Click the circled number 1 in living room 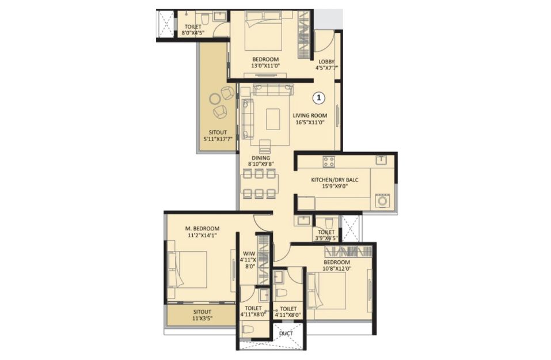click(319, 98)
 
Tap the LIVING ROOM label click(310, 115)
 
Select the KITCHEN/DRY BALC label click(335, 180)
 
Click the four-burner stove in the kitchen click(329, 162)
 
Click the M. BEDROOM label click(202, 229)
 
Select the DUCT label click(286, 334)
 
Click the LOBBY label click(326, 62)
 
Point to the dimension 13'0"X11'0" click(265, 66)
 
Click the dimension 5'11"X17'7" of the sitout click(218, 139)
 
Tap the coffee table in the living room click(273, 119)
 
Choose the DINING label click(261, 158)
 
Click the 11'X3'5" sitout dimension click(203, 318)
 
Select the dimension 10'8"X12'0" click(337, 268)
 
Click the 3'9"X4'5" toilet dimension click(326, 238)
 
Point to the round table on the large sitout click(215, 99)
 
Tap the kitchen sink click(381, 160)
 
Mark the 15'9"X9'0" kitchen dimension click(335, 186)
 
